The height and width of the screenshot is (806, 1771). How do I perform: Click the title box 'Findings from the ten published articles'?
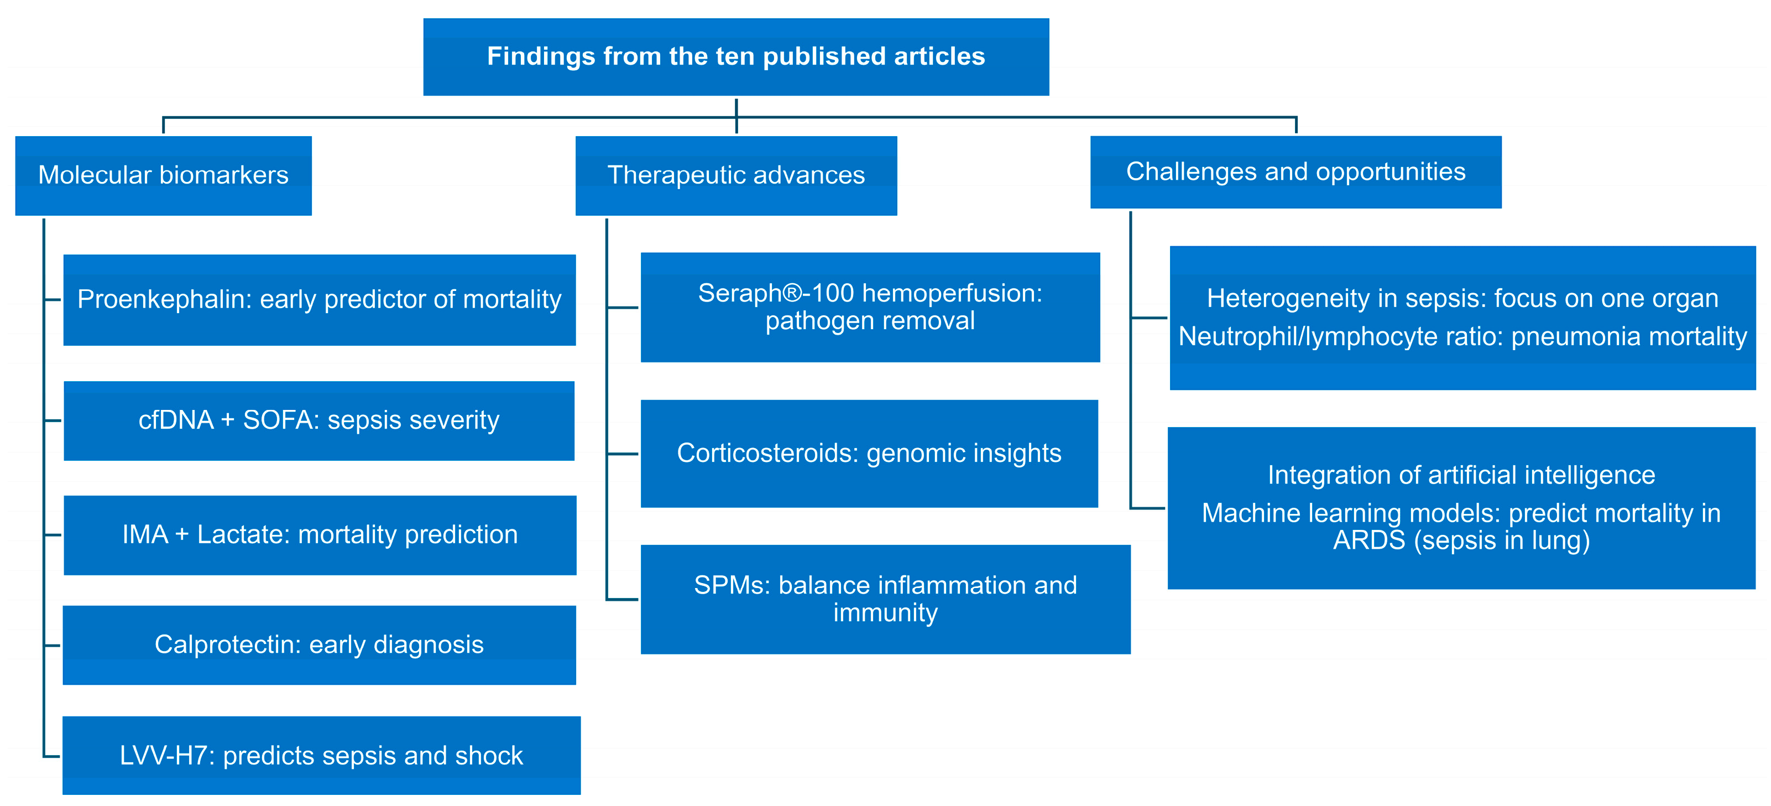(x=735, y=56)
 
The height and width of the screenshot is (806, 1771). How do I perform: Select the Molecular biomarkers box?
(x=163, y=175)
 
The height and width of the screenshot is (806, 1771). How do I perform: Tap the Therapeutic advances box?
(x=735, y=175)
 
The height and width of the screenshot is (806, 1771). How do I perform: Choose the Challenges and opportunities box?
(x=1295, y=172)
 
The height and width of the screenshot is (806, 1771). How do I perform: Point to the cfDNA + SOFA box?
(x=319, y=420)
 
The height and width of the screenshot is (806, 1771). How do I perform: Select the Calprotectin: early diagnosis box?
(x=319, y=645)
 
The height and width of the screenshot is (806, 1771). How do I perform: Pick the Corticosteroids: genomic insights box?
(x=869, y=454)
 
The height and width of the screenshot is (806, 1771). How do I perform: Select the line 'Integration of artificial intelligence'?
(x=1461, y=475)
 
